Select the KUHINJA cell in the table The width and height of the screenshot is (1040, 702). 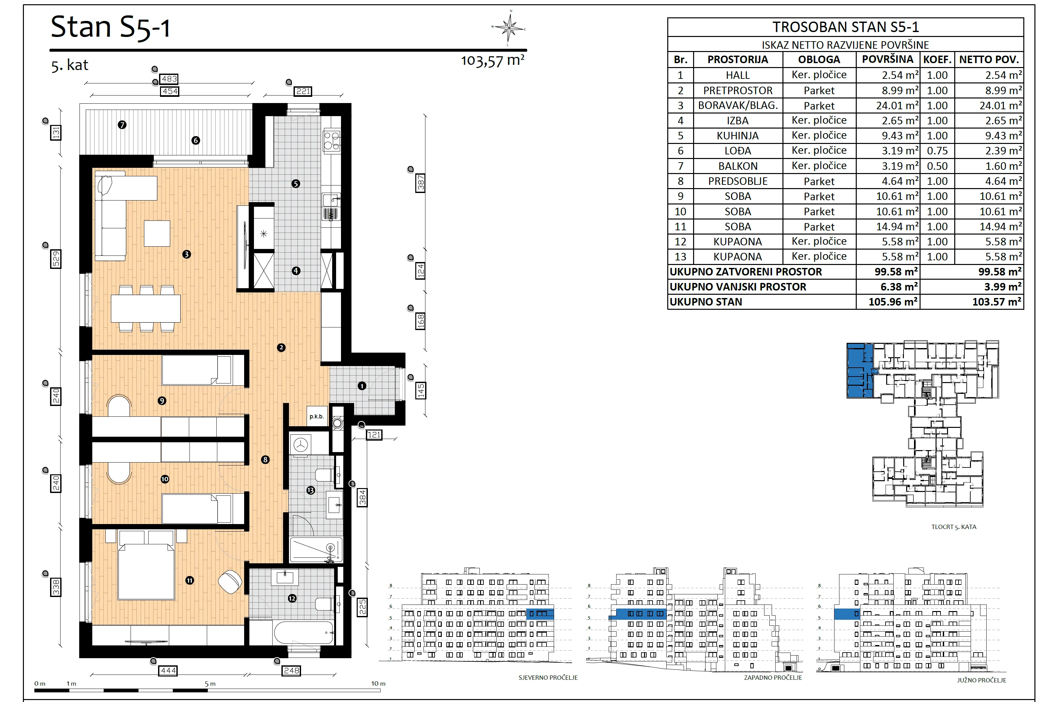(x=738, y=135)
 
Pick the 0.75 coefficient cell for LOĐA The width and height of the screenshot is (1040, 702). (x=937, y=151)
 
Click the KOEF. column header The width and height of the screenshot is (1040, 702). (x=937, y=60)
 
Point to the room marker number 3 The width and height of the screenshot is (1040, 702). (x=187, y=254)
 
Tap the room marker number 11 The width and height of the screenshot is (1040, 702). (x=190, y=580)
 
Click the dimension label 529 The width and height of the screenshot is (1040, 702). (x=56, y=259)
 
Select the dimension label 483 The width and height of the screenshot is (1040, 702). (x=169, y=79)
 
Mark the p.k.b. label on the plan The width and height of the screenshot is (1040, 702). (x=316, y=416)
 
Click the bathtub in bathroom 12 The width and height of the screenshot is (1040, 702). (x=304, y=633)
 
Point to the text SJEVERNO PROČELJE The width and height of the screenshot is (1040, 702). (x=548, y=677)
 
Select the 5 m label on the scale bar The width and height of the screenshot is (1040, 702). (x=210, y=684)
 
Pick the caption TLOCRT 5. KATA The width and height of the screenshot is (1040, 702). (x=954, y=527)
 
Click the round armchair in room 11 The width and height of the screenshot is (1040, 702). (x=230, y=582)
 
